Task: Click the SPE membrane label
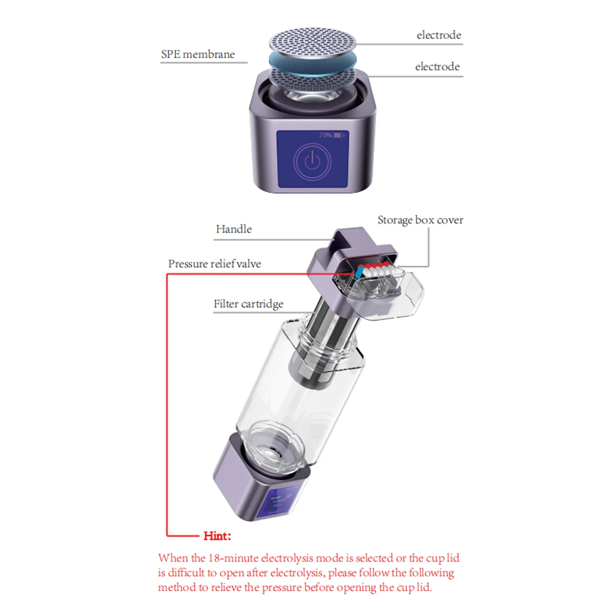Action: click(198, 55)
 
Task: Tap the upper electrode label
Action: click(439, 35)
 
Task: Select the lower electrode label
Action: click(437, 67)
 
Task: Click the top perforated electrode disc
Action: click(312, 40)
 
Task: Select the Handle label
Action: click(234, 229)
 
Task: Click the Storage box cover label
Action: click(420, 220)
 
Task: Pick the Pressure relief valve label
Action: click(214, 264)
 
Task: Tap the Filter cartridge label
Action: click(248, 304)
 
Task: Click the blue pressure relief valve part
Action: click(359, 272)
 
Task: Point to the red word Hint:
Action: click(217, 536)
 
